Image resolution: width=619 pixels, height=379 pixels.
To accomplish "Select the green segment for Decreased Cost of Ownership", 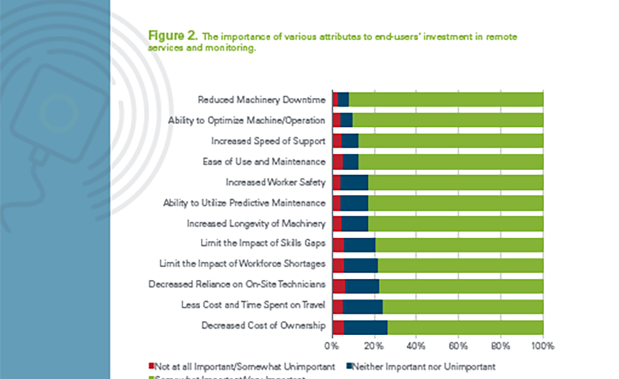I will [465, 326].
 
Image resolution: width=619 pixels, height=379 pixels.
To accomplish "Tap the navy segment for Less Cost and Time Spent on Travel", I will [362, 305].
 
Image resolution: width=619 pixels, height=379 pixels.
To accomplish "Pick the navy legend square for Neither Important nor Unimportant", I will [349, 367].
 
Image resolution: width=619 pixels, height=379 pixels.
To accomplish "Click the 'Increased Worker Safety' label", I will [275, 183].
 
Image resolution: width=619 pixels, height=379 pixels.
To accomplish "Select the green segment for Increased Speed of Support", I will [450, 141].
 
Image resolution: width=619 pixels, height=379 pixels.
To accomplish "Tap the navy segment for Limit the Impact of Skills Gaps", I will [360, 244].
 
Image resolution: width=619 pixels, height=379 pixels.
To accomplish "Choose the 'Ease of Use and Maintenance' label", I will [268, 162].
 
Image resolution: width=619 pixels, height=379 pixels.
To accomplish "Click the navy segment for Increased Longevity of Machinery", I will [355, 223].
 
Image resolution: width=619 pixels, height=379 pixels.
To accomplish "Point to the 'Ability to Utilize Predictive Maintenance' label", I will [243, 203].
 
